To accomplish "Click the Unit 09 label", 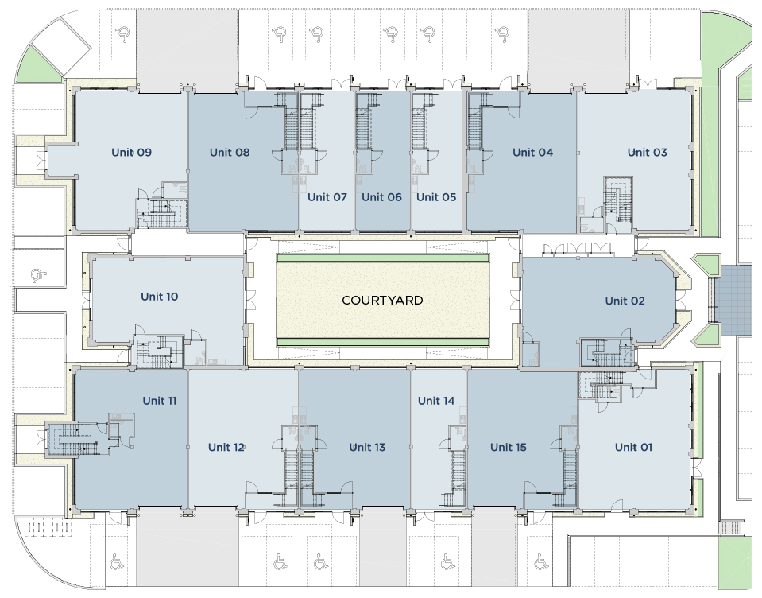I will click(131, 152).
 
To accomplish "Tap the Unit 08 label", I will click(230, 152).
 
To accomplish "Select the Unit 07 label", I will click(327, 197).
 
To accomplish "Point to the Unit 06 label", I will click(382, 197).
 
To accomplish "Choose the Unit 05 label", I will click(436, 197).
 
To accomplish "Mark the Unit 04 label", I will click(532, 152).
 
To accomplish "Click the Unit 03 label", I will click(647, 152).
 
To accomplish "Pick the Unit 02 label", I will click(625, 301).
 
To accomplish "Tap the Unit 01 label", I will click(633, 447).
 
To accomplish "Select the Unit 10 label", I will click(159, 297).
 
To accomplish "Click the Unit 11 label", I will click(159, 401).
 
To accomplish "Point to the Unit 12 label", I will click(226, 447).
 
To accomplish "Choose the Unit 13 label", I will click(367, 447).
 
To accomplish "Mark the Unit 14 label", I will click(436, 401).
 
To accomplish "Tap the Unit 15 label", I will click(508, 447).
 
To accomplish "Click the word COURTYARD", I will click(382, 301).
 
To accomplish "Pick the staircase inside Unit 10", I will click(160, 351).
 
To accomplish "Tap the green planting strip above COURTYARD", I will click(382, 258).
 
